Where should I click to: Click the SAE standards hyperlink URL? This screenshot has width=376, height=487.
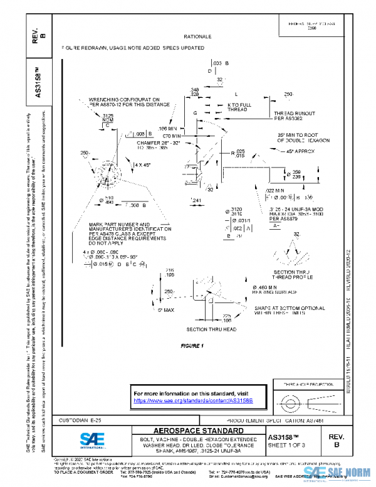coord(192,400)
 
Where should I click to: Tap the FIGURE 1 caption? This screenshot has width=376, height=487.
coord(192,346)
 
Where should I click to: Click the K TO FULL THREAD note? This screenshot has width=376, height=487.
coord(241,107)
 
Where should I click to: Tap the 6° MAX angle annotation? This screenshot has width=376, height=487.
coord(165,309)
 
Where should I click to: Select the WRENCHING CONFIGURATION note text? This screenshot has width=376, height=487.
coord(124,102)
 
